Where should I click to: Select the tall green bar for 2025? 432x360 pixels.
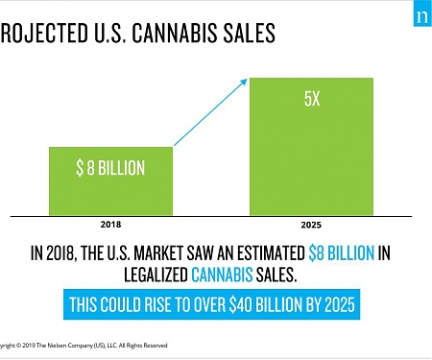pos(311,144)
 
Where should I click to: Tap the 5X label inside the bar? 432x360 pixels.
pos(311,99)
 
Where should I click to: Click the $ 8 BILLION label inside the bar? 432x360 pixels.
pos(110,168)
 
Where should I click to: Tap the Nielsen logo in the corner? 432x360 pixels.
pos(420,17)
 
